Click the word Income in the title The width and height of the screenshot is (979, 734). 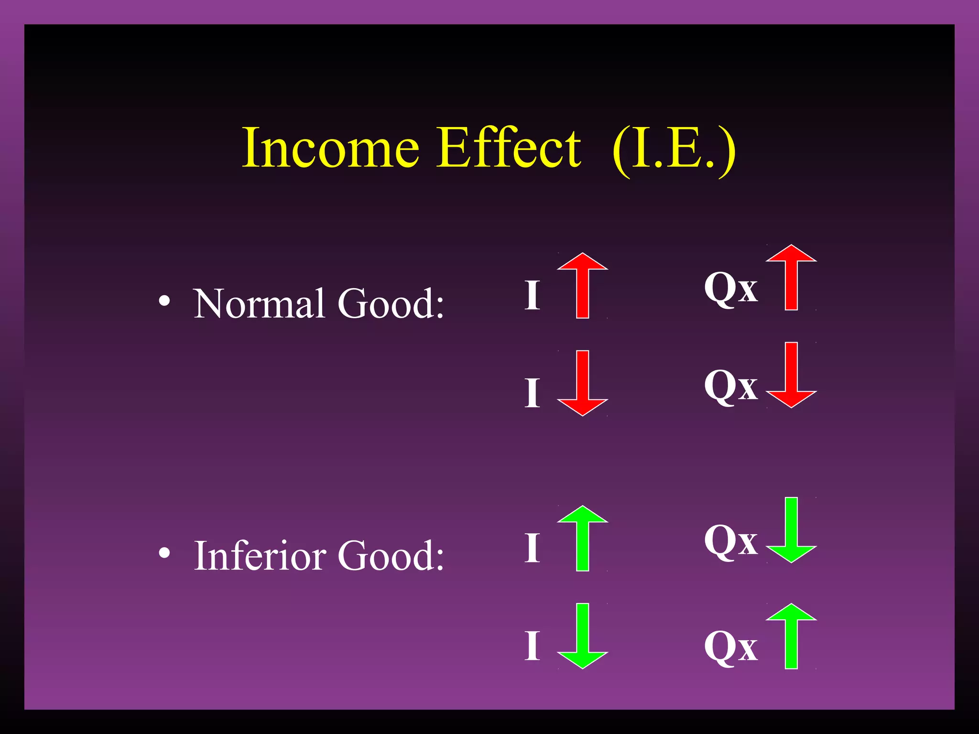331,148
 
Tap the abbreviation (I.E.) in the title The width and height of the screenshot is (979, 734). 674,150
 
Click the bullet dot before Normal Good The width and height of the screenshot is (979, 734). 164,301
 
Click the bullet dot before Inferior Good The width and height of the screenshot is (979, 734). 164,553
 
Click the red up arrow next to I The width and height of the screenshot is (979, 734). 582,286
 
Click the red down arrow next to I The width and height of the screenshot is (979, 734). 582,383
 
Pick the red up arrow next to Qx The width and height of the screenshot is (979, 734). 791,278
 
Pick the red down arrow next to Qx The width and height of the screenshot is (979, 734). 791,375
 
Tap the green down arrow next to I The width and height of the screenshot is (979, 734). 582,636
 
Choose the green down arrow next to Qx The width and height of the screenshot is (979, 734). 791,530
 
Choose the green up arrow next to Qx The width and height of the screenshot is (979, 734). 791,636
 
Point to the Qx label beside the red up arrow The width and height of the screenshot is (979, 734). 730,288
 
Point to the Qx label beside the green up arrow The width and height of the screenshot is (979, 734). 730,647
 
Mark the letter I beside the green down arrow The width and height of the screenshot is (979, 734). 532,646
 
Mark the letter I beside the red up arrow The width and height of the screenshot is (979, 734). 532,295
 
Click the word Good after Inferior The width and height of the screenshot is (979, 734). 391,555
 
